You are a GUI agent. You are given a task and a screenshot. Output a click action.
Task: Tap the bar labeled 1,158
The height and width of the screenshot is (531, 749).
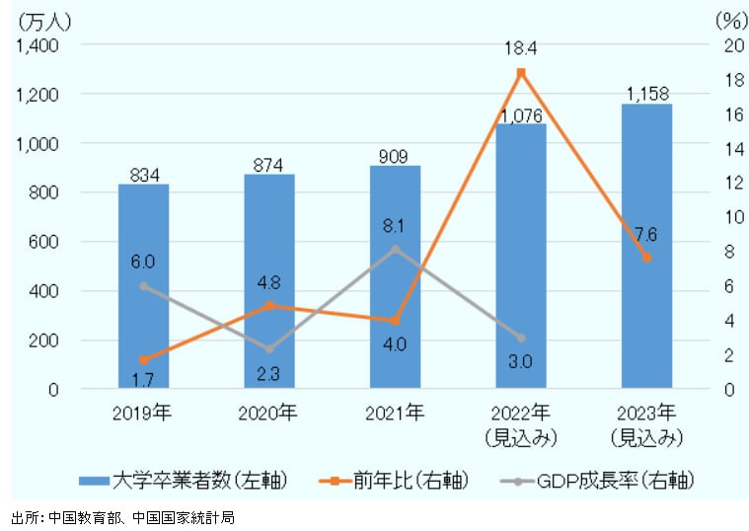point(646,247)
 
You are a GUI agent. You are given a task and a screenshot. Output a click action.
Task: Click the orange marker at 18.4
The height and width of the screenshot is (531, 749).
point(521,72)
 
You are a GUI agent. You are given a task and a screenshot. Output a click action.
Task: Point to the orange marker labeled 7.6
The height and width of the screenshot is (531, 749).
point(646,258)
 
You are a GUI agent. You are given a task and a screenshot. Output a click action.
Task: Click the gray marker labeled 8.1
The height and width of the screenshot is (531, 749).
point(395,249)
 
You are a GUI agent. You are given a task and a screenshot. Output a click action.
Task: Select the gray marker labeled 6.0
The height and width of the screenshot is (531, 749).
point(143,286)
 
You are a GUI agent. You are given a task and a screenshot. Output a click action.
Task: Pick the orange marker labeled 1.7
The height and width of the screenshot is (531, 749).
point(143,359)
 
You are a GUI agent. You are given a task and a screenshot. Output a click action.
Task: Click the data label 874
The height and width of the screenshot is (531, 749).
point(269,165)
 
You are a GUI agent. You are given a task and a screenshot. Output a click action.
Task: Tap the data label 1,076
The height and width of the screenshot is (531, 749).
point(521,115)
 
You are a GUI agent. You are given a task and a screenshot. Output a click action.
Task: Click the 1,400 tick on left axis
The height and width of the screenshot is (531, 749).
point(37,45)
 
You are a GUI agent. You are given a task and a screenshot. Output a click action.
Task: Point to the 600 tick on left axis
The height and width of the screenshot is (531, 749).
point(44,242)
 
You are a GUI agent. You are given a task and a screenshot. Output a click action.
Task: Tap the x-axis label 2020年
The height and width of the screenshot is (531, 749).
point(269,412)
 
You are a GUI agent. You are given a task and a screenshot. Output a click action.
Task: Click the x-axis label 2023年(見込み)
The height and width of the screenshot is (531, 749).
point(646,423)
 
